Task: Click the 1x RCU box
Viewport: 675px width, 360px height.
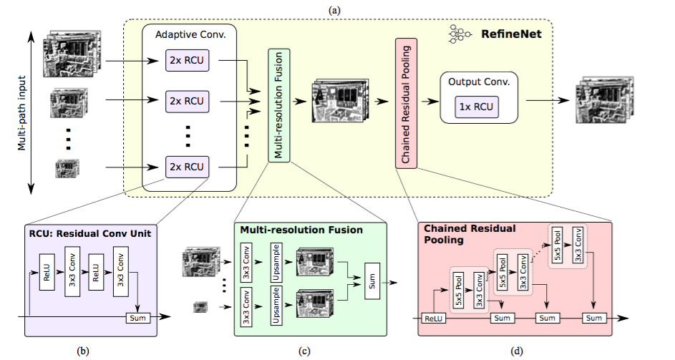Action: tap(477, 107)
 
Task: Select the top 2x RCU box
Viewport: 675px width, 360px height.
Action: tap(187, 60)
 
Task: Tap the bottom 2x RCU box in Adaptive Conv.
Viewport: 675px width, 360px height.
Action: tap(187, 167)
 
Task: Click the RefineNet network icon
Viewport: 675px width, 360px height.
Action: tap(460, 34)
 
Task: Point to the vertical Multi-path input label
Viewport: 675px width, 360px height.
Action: tap(22, 113)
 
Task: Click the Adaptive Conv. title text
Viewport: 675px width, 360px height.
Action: tap(190, 34)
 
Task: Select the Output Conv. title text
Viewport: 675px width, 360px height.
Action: tap(479, 82)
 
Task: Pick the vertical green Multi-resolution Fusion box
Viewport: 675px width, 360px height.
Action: tap(279, 105)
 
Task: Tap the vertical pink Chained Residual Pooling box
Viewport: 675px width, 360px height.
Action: tap(406, 103)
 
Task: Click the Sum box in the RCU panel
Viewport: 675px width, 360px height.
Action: tap(137, 318)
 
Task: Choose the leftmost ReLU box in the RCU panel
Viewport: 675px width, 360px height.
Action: tap(47, 272)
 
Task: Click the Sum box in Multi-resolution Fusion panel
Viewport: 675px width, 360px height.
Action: tap(372, 281)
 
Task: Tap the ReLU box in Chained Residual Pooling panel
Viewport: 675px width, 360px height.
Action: tap(434, 318)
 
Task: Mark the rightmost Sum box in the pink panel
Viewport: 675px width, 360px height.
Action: tap(594, 318)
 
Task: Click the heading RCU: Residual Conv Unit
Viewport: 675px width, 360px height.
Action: tap(90, 234)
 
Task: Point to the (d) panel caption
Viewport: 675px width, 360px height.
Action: tap(516, 351)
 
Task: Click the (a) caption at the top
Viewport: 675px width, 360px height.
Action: tap(334, 10)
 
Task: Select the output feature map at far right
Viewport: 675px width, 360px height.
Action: tap(604, 100)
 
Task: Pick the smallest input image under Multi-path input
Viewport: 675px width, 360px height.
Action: tap(67, 168)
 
